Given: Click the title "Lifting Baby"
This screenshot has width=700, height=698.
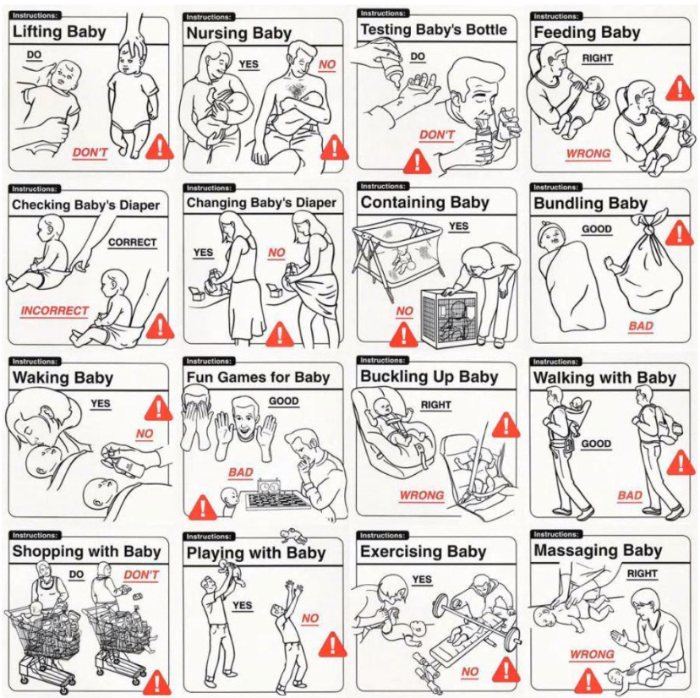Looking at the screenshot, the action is [x=59, y=31].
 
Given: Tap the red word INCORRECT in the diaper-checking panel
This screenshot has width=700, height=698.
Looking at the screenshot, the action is [x=54, y=311].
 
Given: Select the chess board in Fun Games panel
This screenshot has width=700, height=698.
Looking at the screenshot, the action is [x=278, y=500].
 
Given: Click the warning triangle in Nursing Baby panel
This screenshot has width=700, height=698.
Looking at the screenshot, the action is [x=335, y=147].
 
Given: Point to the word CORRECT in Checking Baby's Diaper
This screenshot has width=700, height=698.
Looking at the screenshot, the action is [x=133, y=243].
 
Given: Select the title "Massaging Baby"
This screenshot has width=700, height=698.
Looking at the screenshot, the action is [x=598, y=550].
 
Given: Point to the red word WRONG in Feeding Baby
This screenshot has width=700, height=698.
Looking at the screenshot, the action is [x=588, y=154].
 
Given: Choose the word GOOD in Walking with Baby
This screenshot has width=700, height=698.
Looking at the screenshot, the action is [x=596, y=444].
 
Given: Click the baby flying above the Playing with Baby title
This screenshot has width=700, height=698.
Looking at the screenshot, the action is [x=293, y=535].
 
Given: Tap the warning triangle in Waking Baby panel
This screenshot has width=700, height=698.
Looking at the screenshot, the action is [x=157, y=408].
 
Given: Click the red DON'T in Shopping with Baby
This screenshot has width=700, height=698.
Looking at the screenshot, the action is [x=141, y=575].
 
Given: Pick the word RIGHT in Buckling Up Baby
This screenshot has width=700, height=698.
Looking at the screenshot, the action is [x=436, y=405].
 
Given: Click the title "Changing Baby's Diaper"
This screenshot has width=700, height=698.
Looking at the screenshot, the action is [x=261, y=203].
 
